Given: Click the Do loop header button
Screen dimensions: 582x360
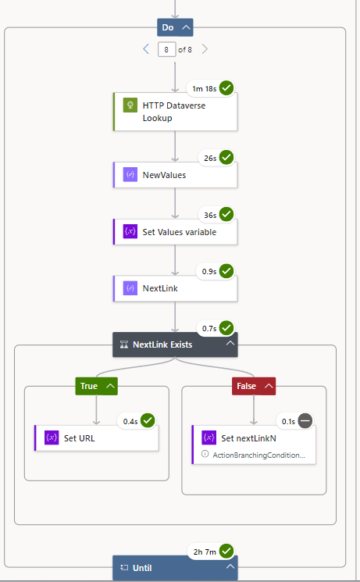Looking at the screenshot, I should tap(175, 27).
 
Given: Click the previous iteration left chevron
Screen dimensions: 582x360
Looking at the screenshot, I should tap(146, 49).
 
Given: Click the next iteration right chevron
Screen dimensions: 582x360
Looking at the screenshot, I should tap(205, 49).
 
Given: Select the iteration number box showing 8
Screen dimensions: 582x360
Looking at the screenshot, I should tap(166, 49).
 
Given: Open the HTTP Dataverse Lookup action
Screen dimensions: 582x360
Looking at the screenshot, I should tap(175, 112).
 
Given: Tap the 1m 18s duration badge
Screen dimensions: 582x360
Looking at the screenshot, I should tap(203, 88).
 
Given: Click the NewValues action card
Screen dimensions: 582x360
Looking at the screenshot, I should tap(175, 175).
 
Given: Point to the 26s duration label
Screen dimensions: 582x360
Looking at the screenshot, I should tap(209, 158).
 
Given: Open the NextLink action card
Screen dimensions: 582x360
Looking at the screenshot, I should tap(175, 287).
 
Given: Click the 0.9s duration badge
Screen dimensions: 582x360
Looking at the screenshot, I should tap(209, 271).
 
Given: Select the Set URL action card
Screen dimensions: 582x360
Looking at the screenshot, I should tap(97, 437).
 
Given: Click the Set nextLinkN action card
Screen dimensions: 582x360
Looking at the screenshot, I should tap(254, 438).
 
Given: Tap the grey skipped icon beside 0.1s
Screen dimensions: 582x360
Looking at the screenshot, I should tap(305, 421).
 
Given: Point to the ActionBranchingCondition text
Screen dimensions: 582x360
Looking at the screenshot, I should tap(258, 454).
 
